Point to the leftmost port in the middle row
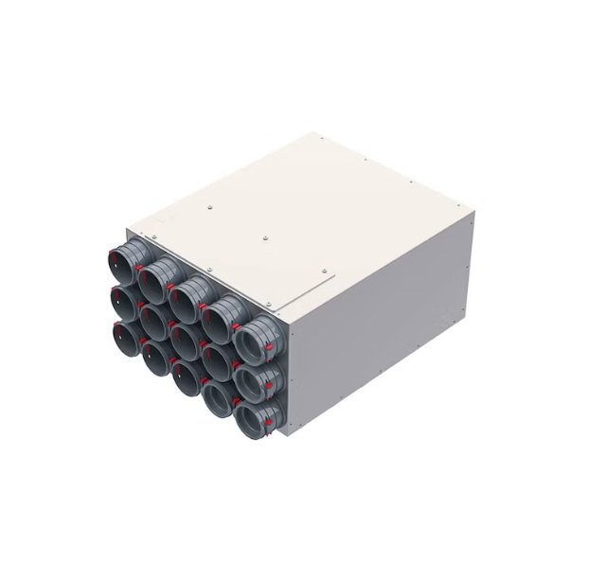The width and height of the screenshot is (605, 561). pyautogui.click(x=124, y=302)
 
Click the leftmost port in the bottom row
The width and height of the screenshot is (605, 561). pyautogui.click(x=124, y=337)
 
